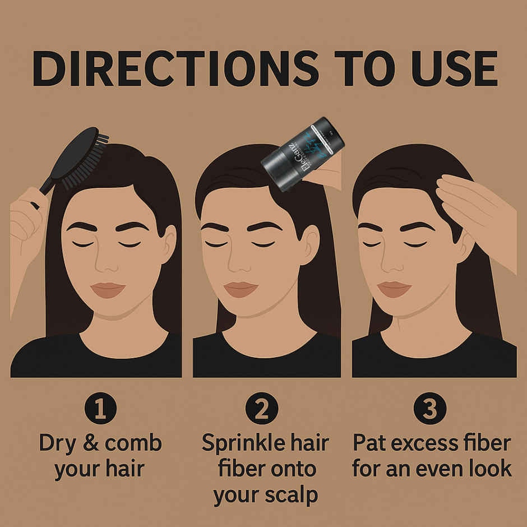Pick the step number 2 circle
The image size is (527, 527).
click(x=261, y=410)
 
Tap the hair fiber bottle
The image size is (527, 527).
click(x=302, y=152)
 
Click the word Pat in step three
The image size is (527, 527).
click(x=371, y=443)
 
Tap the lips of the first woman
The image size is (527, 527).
click(x=108, y=289)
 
